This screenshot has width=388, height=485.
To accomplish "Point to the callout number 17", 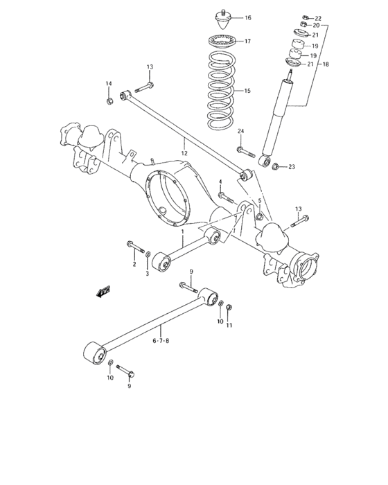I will (247, 42).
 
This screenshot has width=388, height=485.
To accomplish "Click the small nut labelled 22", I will (304, 17).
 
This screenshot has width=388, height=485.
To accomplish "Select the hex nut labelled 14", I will (109, 103).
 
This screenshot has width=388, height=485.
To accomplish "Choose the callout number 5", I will (260, 202).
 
